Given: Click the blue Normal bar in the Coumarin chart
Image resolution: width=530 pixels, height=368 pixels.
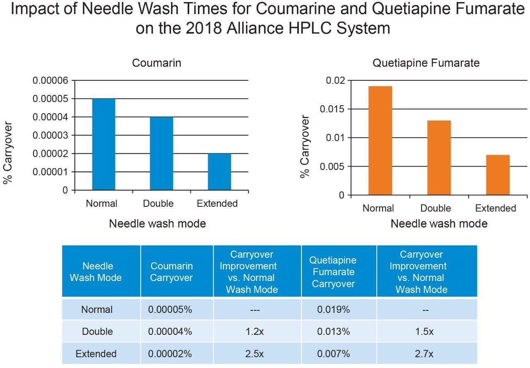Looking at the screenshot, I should [x=104, y=144].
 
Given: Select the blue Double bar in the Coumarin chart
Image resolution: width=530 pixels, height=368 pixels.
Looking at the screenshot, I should [x=161, y=153].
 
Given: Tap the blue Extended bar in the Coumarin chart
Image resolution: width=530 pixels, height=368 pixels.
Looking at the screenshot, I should [x=219, y=172].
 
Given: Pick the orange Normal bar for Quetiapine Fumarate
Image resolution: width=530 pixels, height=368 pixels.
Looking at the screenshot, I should [x=380, y=140].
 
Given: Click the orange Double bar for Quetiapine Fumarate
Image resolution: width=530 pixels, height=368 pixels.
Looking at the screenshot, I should [x=439, y=157].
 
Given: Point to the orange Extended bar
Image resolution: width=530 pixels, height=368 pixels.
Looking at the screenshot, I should [x=498, y=174].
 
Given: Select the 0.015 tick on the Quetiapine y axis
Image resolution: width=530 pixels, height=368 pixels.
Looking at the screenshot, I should [x=333, y=109].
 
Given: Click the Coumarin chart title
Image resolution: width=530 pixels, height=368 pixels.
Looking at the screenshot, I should [x=157, y=63].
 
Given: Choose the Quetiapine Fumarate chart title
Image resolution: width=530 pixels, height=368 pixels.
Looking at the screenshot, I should [x=426, y=63].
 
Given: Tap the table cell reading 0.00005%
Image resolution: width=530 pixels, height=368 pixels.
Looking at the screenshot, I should [x=170, y=310].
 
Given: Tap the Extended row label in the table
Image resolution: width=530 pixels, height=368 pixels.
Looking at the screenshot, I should [x=96, y=354].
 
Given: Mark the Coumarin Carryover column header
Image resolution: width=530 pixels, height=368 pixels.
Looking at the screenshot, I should [x=171, y=272].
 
